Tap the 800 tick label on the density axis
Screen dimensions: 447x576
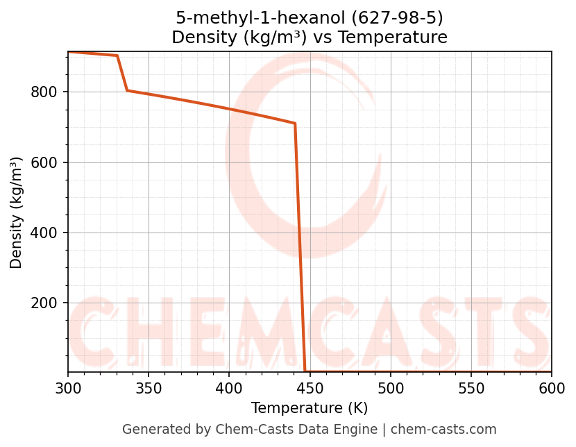click(x=44, y=92)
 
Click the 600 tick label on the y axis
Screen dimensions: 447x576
click(x=44, y=162)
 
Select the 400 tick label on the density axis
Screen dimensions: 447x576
click(x=44, y=233)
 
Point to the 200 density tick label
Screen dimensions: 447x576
click(x=44, y=303)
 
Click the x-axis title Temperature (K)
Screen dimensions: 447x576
click(x=310, y=408)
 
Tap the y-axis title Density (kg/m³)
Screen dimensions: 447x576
click(x=17, y=212)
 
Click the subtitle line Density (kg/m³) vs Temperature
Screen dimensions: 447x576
click(x=310, y=37)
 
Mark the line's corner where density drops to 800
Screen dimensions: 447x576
click(x=127, y=90)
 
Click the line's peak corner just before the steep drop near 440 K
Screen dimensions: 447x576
click(x=295, y=124)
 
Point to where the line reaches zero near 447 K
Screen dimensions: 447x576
click(x=305, y=371)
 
